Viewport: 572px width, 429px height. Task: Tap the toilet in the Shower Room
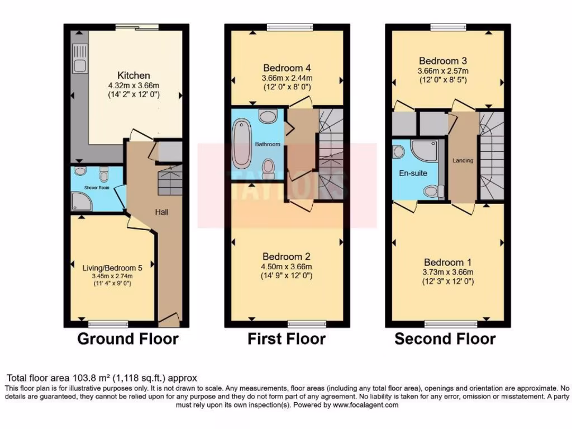click(102, 176)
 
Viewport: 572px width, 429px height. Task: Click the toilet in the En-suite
click(430, 192)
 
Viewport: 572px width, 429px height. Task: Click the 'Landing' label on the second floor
click(463, 161)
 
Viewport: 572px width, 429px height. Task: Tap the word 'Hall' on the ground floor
click(161, 212)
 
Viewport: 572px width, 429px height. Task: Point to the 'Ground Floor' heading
click(128, 339)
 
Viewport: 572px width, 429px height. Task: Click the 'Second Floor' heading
click(445, 339)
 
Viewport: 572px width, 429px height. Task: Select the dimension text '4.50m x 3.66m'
click(285, 266)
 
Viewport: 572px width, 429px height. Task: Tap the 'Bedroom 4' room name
click(285, 68)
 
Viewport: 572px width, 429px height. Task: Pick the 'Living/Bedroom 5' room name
click(112, 268)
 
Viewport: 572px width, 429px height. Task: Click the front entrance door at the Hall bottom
click(169, 320)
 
